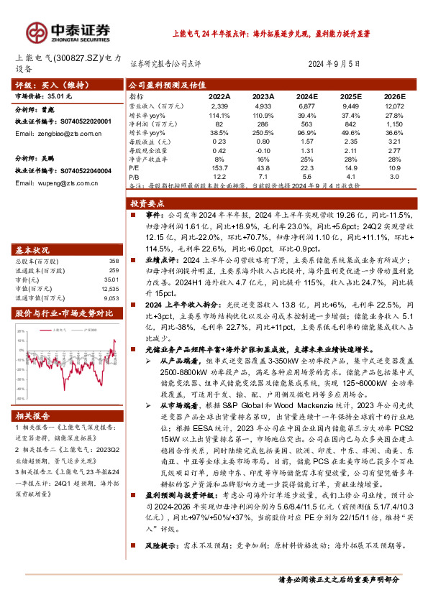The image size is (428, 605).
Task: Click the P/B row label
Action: [x=135, y=176]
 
